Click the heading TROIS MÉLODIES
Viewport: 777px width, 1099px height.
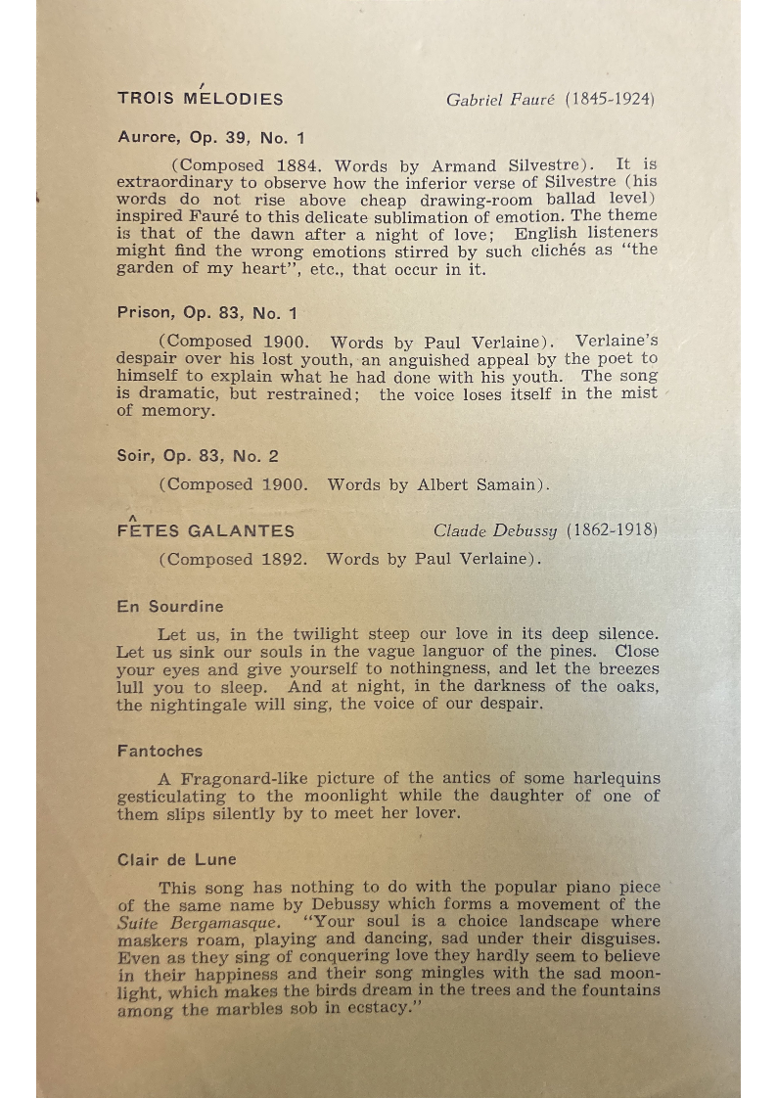point(200,99)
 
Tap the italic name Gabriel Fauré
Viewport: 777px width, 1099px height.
point(501,100)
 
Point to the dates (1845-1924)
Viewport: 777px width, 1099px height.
point(610,100)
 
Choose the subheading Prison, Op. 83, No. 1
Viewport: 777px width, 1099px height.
point(206,313)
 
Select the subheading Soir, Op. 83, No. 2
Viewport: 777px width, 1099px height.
point(198,455)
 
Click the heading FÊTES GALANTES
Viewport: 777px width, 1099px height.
point(206,530)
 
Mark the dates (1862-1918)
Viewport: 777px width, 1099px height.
point(611,531)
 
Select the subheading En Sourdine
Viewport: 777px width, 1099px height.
point(169,607)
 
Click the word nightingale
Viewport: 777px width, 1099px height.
point(197,704)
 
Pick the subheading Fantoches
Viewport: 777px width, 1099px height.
point(160,751)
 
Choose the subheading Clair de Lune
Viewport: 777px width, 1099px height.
point(176,859)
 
